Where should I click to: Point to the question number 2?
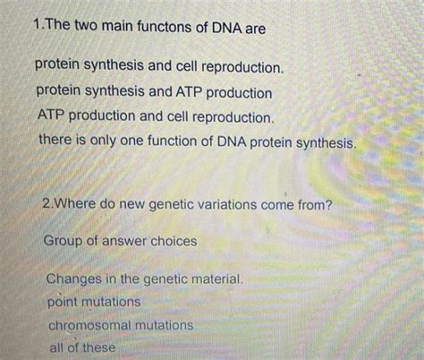point(47,205)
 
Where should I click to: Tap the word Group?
point(64,240)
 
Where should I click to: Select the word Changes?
point(77,279)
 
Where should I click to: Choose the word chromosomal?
point(89,325)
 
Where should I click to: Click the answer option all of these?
point(82,347)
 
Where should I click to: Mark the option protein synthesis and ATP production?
point(154,92)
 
